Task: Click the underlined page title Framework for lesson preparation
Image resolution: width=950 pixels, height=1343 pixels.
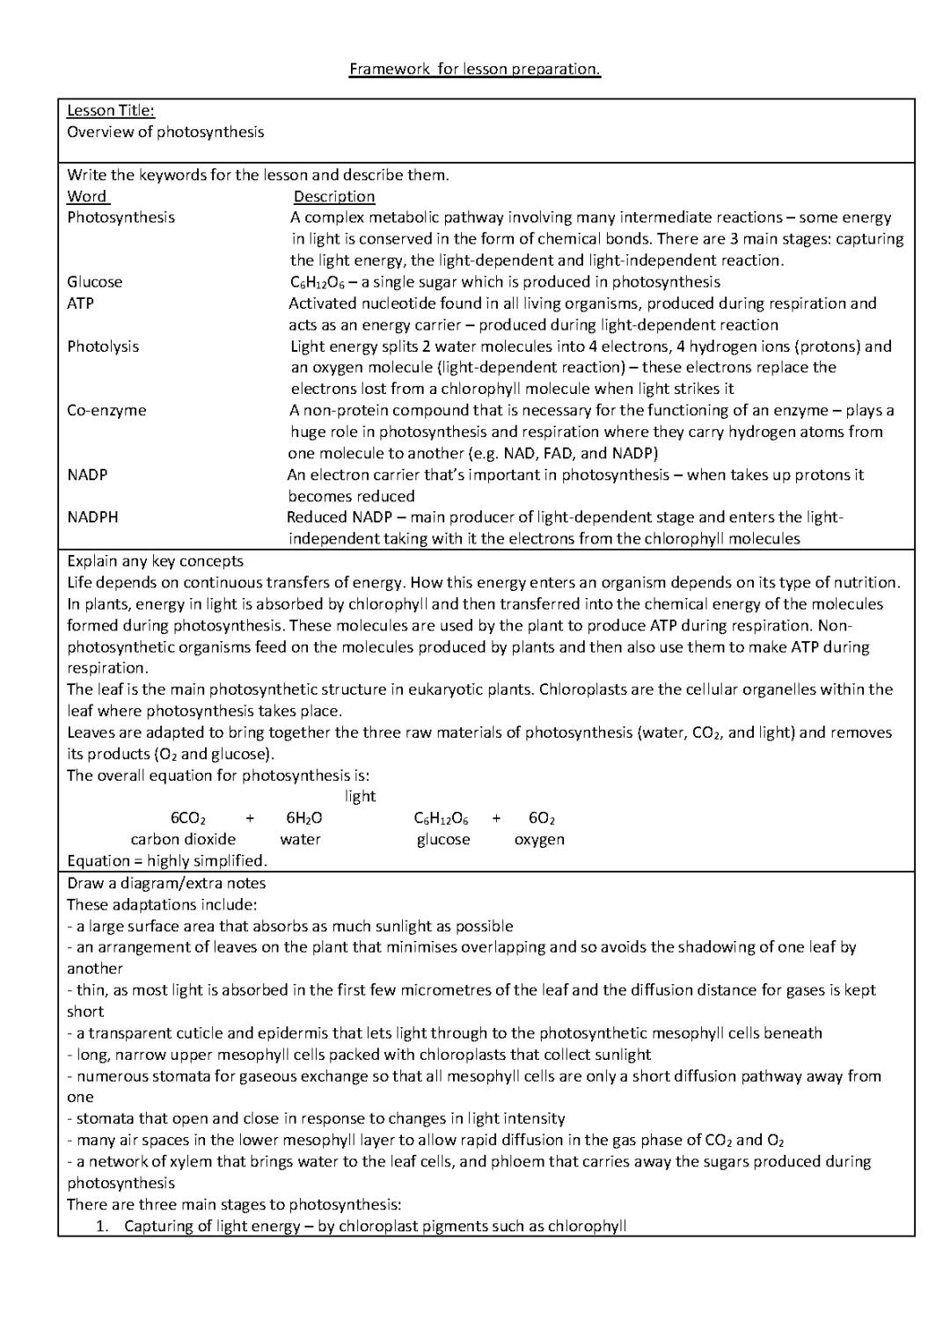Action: (x=474, y=69)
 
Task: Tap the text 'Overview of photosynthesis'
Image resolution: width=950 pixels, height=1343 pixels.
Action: (x=165, y=132)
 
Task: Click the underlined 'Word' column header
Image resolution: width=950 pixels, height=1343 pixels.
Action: (x=87, y=196)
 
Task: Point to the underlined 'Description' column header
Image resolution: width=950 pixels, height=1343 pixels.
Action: (x=333, y=196)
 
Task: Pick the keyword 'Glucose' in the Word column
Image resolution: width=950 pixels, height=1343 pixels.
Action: (x=95, y=282)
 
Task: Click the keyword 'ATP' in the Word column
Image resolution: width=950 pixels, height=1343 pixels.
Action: (x=80, y=303)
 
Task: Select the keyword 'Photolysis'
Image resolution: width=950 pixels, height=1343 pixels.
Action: (x=103, y=347)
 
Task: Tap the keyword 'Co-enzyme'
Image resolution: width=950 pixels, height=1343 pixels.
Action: (x=106, y=411)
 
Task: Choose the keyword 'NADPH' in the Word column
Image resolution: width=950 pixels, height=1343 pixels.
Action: (x=92, y=517)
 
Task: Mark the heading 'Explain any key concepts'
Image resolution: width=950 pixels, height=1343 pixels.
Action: (x=156, y=561)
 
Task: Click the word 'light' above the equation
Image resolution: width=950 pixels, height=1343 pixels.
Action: (x=360, y=796)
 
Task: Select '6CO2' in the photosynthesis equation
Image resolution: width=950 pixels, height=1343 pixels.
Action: (x=188, y=818)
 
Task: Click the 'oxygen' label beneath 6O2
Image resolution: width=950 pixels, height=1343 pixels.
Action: (x=539, y=839)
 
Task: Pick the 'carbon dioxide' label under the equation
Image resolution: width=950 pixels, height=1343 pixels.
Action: (x=183, y=839)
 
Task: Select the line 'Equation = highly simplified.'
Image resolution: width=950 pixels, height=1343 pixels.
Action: (x=167, y=861)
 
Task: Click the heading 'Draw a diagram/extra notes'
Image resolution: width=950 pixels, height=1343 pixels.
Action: (x=166, y=883)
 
